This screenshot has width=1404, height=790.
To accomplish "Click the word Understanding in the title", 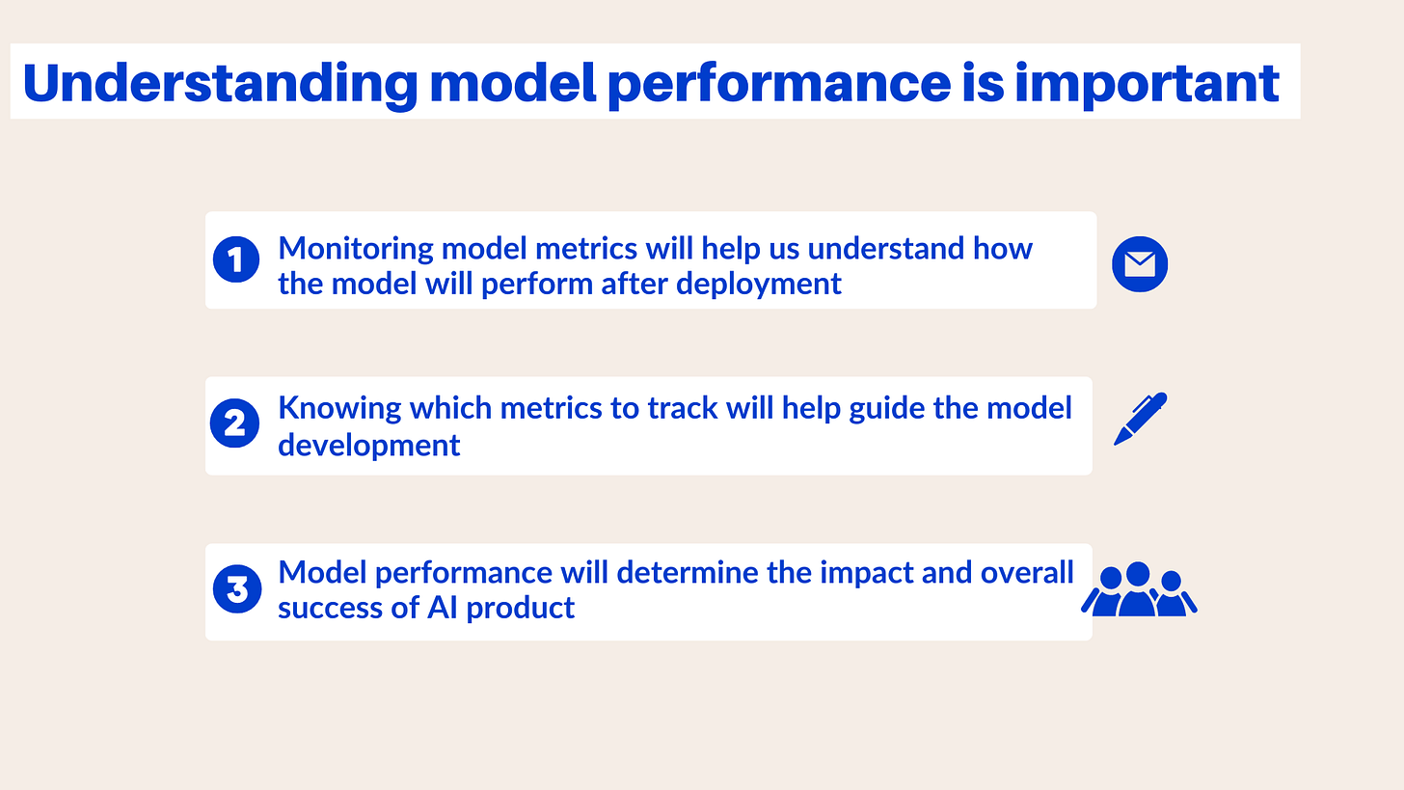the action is point(221,83).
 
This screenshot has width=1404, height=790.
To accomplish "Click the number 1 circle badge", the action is point(235,259).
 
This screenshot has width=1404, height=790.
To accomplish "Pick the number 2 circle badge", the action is point(234,423).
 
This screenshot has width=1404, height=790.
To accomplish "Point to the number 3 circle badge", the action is point(237,588).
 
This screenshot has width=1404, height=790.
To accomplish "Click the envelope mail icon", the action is point(1140,264).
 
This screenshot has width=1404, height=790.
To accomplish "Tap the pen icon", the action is point(1140,419).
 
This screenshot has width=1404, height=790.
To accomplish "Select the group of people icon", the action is point(1139,589).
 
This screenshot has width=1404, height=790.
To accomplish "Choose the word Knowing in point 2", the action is point(339,409).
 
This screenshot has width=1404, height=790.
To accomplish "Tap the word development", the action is point(368,447).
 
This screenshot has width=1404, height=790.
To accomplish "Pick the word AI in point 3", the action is point(442,608).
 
